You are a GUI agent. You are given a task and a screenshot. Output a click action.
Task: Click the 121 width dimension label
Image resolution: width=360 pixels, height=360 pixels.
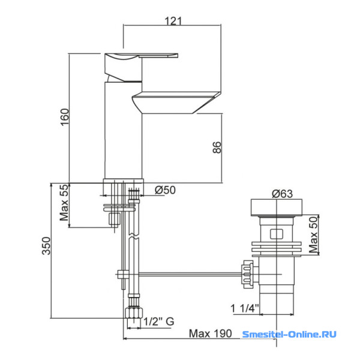click(x=173, y=21)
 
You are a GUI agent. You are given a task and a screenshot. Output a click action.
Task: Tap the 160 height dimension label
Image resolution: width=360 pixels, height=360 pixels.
click(x=65, y=117)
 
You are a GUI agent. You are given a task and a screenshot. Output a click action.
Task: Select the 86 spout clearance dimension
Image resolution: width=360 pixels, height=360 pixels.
click(x=217, y=148)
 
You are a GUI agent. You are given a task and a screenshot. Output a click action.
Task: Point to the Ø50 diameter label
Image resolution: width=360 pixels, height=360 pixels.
click(x=165, y=190)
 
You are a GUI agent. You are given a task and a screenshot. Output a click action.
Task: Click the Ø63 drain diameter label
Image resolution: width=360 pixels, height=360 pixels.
click(x=282, y=194)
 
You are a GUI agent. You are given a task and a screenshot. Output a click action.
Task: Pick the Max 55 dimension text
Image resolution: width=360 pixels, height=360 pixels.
click(x=64, y=203)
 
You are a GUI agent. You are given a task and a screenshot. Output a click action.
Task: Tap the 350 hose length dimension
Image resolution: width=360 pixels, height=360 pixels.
click(x=46, y=246)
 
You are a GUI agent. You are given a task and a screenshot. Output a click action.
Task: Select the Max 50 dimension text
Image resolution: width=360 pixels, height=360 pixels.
click(x=313, y=235)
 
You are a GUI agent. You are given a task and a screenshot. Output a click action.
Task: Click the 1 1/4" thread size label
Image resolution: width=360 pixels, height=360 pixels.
click(x=245, y=308)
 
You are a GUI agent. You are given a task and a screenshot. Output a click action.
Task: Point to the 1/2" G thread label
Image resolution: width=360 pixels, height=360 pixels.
click(x=159, y=322)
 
